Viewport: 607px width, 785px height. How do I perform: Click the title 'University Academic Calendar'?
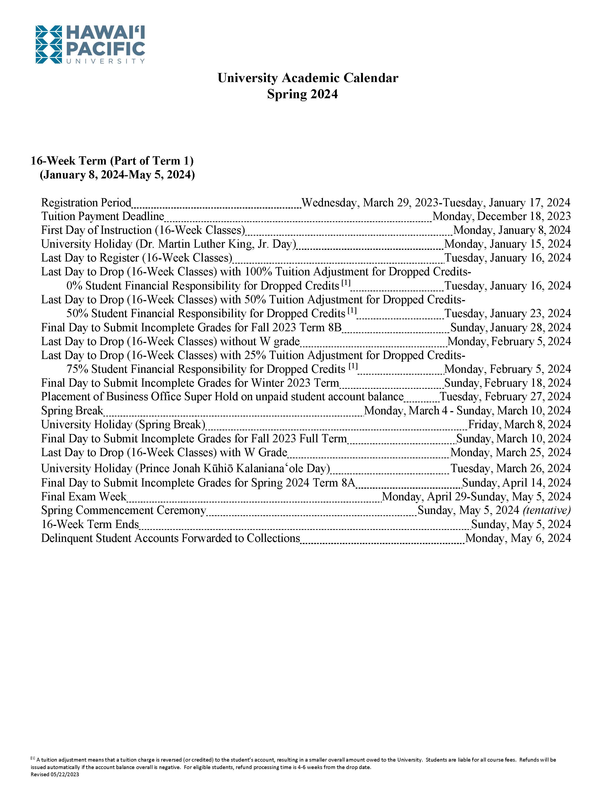point(307,78)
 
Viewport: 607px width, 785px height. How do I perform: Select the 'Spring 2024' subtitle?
point(302,94)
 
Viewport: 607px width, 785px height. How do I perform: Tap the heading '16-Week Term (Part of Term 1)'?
point(112,161)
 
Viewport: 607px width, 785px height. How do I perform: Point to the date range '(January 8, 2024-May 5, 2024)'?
point(117,175)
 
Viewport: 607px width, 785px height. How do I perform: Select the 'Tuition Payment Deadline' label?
point(103,216)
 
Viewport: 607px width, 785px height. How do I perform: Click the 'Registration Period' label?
point(86,203)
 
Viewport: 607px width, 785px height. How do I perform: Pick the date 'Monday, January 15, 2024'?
point(507,244)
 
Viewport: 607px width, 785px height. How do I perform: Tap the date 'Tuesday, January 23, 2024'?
point(507,313)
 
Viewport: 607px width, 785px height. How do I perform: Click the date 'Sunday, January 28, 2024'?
point(510,328)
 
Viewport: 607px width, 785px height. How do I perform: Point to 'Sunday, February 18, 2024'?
point(507,383)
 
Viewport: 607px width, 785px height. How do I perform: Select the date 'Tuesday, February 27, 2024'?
point(505,397)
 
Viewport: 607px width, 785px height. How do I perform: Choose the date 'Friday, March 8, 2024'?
point(519,425)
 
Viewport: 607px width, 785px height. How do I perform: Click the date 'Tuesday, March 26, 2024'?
point(510,469)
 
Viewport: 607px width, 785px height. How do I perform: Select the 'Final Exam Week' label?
point(84,497)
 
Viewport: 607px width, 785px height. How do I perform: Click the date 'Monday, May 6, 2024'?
point(518,538)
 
